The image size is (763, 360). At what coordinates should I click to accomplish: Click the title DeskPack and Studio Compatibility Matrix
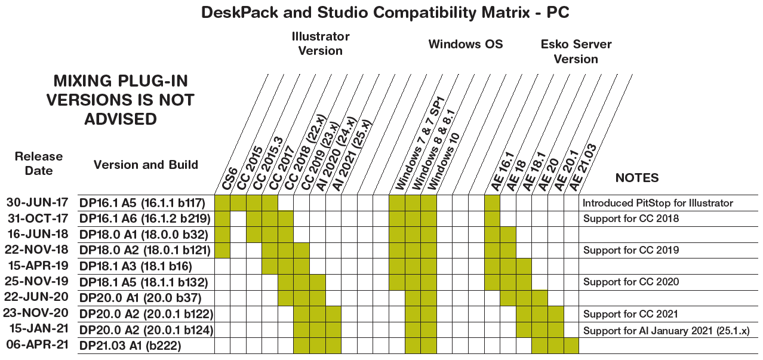tap(385, 13)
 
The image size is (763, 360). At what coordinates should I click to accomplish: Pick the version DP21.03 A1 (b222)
tap(130, 346)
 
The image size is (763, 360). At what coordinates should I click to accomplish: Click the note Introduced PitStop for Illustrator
tap(658, 203)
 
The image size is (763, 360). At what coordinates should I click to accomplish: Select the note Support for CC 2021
tap(630, 314)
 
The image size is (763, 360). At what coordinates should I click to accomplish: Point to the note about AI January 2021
tap(666, 330)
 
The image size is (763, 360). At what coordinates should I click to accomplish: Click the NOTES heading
tap(637, 178)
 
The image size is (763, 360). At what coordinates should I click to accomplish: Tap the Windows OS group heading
tap(466, 44)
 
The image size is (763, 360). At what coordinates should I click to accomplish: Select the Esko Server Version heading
tap(576, 51)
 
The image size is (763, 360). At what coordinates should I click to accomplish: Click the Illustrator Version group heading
tap(321, 44)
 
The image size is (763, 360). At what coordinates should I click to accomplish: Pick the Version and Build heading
tap(146, 165)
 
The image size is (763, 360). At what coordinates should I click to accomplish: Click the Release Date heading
tap(39, 164)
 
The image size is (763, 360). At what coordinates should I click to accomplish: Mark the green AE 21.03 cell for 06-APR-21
tap(571, 346)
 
